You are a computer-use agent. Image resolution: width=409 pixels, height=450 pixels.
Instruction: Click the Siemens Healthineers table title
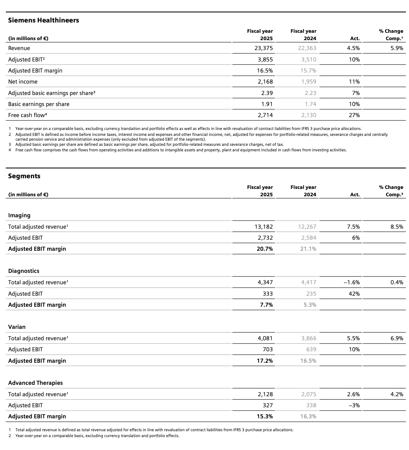(43, 20)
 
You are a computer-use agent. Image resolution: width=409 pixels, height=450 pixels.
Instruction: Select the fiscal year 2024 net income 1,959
(308, 82)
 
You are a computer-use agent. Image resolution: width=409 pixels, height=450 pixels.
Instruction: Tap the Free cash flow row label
(27, 115)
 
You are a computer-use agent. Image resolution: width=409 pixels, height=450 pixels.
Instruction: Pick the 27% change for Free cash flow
(354, 115)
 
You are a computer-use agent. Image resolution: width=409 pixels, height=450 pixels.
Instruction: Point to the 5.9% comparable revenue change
(396, 48)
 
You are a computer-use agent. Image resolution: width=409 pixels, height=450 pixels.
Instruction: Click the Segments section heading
(24, 176)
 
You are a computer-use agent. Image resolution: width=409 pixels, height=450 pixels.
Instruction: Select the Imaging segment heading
(19, 215)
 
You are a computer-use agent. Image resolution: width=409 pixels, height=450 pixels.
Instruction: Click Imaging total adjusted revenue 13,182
(263, 227)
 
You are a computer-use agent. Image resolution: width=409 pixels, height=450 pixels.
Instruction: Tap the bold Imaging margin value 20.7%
(265, 249)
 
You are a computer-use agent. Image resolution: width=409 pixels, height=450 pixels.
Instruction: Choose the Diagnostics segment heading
(24, 271)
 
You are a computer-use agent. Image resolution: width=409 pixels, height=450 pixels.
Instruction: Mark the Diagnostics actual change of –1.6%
(352, 282)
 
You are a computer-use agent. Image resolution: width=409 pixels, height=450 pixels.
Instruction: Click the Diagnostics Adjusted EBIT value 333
(268, 294)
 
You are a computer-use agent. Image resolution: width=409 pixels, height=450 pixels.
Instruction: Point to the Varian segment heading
(17, 327)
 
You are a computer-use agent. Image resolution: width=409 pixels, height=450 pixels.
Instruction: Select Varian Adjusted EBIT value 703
(268, 349)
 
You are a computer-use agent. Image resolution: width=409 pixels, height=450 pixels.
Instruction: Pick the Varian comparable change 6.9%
(396, 338)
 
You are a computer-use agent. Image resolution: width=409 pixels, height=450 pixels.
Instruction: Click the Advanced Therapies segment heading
(35, 383)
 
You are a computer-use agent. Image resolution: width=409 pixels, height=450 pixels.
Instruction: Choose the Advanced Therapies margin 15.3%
(265, 416)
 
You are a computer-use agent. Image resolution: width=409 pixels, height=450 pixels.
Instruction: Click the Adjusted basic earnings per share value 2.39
(267, 93)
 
